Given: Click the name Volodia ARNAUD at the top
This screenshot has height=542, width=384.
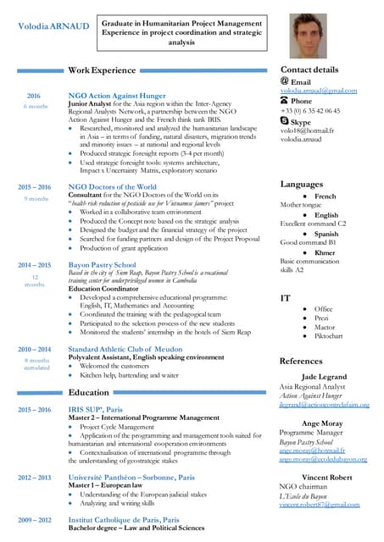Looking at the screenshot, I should coord(53,26).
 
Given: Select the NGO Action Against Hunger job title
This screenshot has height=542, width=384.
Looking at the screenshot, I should coord(117,96).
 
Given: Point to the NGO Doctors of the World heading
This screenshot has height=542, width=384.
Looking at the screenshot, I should coord(112,186).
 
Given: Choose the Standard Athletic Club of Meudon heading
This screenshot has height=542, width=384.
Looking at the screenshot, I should coord(125,349).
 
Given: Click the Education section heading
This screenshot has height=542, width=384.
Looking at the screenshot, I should coord(89,392).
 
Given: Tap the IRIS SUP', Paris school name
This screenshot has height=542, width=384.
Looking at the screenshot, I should coord(95,410).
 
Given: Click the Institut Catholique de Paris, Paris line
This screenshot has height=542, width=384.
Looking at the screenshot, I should coord(123,519).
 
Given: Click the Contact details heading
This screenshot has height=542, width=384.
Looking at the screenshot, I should coord(309,69).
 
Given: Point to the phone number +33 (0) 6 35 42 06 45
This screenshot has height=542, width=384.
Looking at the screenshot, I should coord(311,110).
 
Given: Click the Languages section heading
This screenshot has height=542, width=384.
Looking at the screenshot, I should coord(302,184).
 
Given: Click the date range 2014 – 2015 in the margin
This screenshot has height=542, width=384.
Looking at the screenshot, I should coord(34,265).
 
